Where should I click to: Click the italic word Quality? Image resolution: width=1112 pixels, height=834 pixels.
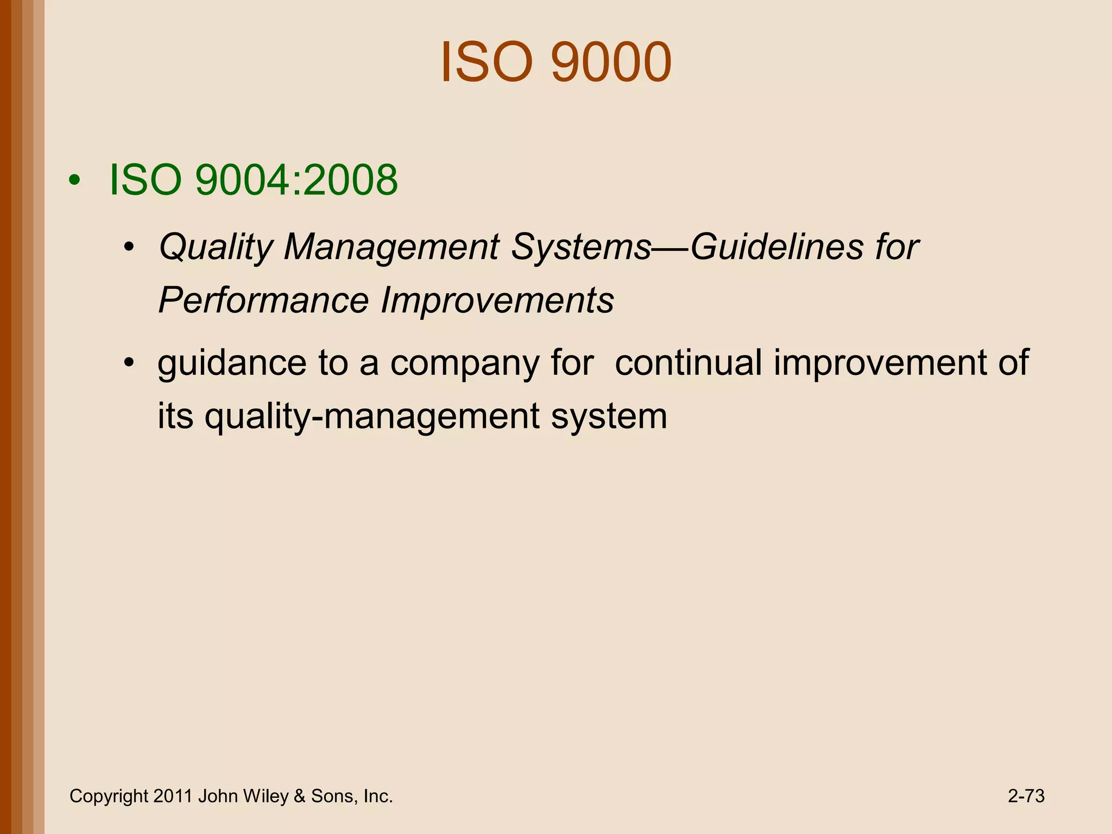point(216,248)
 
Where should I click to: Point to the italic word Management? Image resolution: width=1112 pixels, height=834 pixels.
point(391,248)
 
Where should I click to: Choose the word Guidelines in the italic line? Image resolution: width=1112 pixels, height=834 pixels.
point(776,247)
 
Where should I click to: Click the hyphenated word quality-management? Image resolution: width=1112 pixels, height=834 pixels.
point(372,416)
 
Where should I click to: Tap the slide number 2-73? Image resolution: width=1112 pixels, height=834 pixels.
point(1026,796)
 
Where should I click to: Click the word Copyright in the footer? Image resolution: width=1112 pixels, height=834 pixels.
point(109,797)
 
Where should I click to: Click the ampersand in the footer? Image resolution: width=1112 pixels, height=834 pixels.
point(299,796)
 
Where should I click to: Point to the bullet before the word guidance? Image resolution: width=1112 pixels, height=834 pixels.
point(128,363)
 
